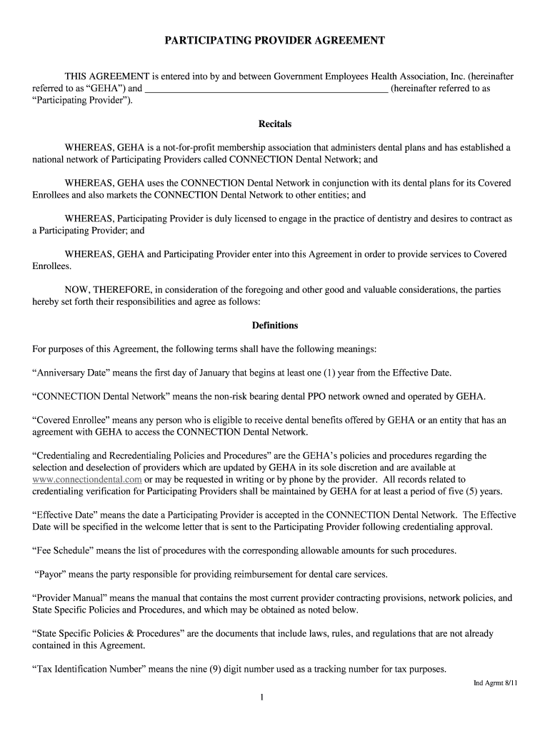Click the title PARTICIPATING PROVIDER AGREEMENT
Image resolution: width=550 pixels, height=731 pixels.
coord(275,41)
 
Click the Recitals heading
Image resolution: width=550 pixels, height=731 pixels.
coord(275,124)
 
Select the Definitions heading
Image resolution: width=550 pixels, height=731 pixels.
coord(275,326)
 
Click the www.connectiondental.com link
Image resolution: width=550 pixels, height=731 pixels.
coord(87,480)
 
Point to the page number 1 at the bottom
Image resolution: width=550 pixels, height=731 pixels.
coord(263,697)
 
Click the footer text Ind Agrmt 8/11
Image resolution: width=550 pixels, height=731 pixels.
coord(496,683)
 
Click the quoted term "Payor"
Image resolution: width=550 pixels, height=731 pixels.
coord(51,575)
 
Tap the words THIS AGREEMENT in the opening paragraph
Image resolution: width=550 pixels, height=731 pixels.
coord(106,76)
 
